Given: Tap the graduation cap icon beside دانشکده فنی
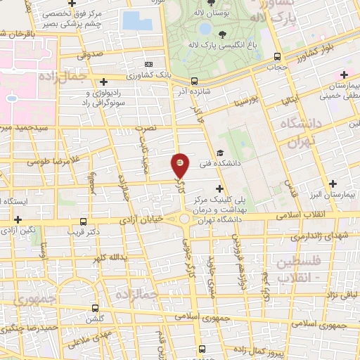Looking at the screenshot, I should coord(220,152).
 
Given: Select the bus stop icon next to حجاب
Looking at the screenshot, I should coord(278,56).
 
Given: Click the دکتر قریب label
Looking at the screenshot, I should coord(89,231).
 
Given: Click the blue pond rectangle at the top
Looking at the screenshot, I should coord(136,18).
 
